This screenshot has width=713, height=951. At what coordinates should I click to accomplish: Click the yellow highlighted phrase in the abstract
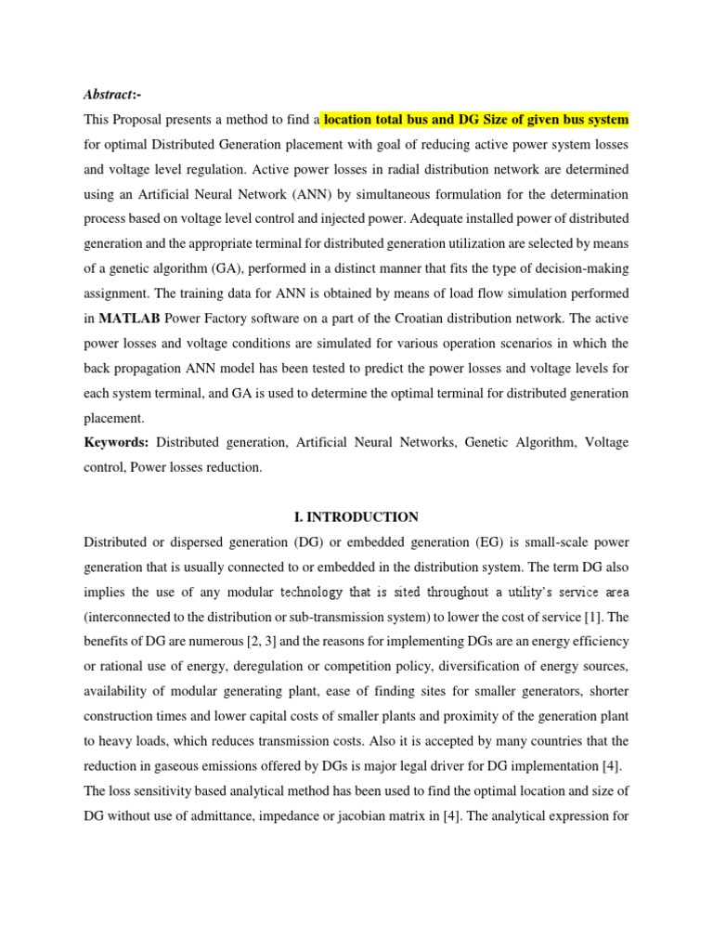[475, 119]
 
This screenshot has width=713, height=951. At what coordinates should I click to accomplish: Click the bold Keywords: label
[117, 443]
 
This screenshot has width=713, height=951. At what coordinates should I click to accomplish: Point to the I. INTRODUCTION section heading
[356, 516]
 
